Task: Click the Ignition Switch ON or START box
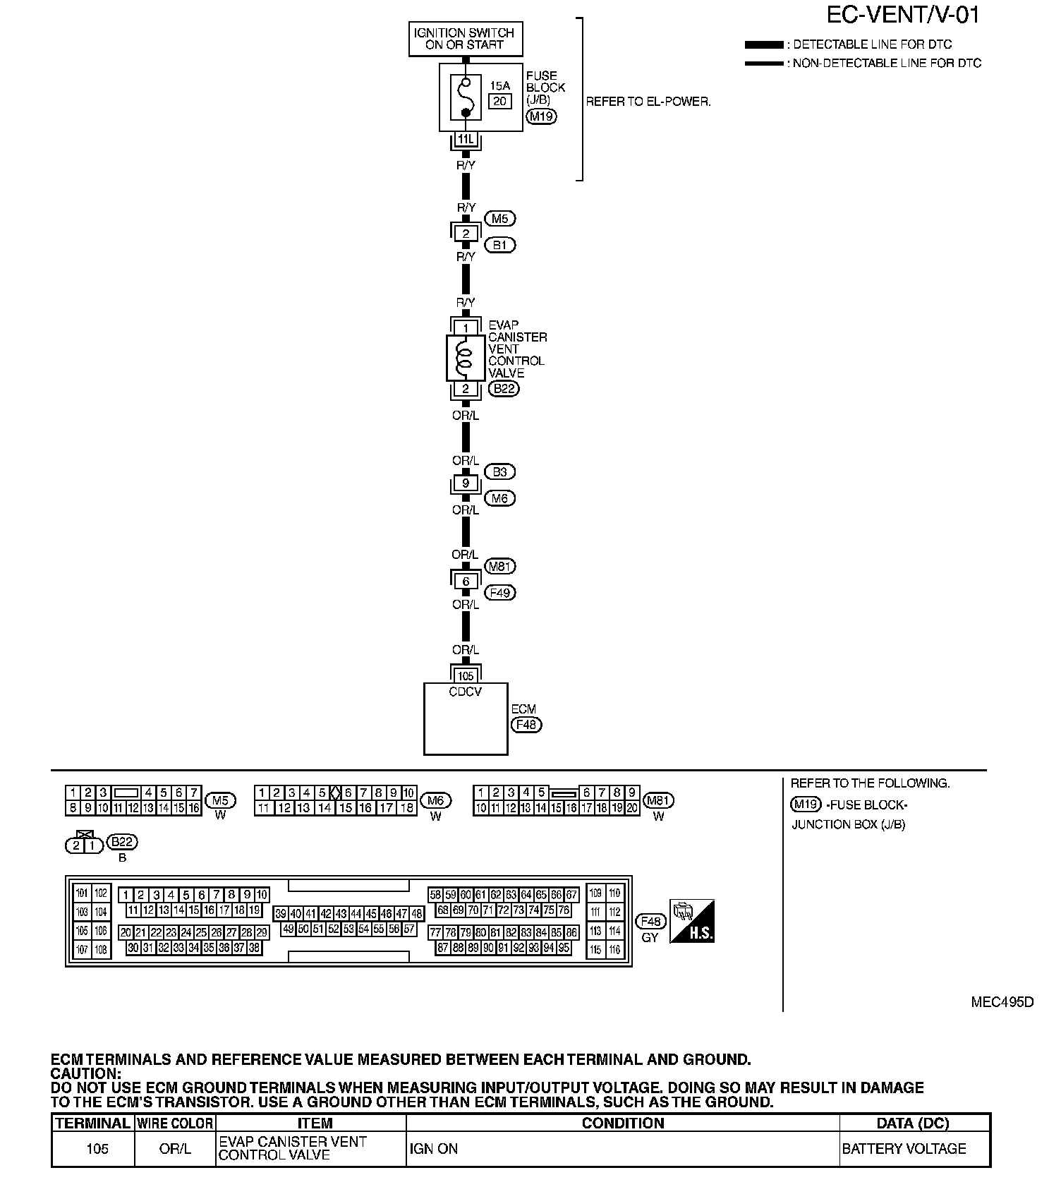(x=466, y=39)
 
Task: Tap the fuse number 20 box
(x=500, y=102)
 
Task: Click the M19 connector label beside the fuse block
(x=541, y=116)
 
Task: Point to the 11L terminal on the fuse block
(x=466, y=140)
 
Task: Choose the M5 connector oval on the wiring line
(x=499, y=219)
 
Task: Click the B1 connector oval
(x=499, y=246)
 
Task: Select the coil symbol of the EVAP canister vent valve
(x=465, y=358)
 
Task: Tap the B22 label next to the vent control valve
(x=503, y=389)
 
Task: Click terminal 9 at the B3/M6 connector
(x=466, y=484)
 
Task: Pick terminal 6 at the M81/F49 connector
(x=466, y=582)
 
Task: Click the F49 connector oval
(x=499, y=593)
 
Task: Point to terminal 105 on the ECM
(x=466, y=676)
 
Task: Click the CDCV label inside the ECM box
(x=466, y=692)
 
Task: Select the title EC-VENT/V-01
(x=904, y=16)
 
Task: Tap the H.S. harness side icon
(x=692, y=922)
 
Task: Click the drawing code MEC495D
(x=1002, y=1002)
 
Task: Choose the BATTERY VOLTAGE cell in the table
(x=904, y=1149)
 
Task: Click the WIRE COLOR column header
(x=175, y=1123)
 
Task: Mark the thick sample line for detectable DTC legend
(x=764, y=44)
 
